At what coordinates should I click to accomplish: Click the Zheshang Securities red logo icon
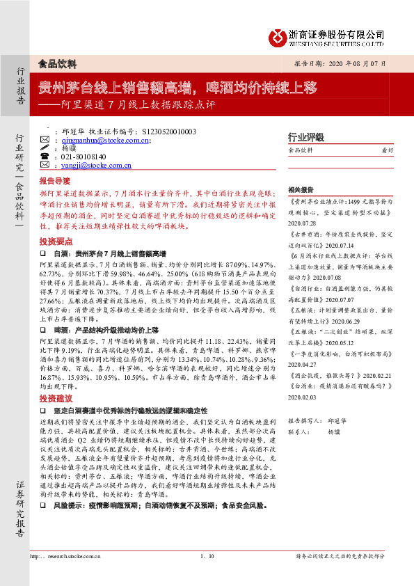click(x=275, y=35)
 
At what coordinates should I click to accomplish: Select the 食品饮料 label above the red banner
click(x=58, y=63)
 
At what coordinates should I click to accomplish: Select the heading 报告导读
click(x=54, y=180)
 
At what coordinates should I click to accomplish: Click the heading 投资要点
click(x=54, y=239)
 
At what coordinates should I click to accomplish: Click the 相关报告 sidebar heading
click(x=301, y=189)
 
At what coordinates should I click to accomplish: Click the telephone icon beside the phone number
click(x=45, y=157)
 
